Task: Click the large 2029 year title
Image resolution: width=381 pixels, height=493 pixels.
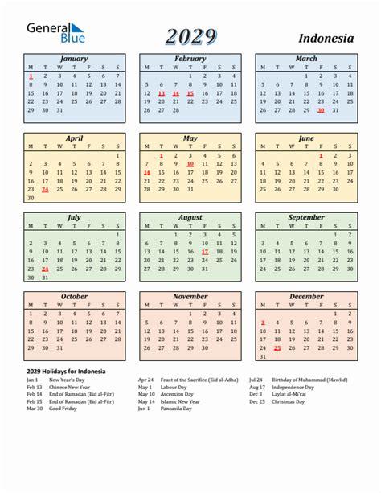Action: [x=190, y=36]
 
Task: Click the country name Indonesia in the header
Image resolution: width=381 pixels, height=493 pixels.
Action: [x=326, y=38]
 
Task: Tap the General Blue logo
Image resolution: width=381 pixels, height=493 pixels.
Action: [x=55, y=33]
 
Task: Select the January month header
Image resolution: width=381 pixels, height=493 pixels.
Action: [x=74, y=59]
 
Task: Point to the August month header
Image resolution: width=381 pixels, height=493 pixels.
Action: [x=190, y=217]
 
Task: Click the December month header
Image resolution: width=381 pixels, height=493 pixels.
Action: [x=306, y=296]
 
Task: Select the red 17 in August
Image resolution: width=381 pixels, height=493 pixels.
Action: [x=205, y=251]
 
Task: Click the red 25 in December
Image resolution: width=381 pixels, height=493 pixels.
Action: [x=277, y=347]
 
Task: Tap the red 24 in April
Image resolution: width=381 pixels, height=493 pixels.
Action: [x=45, y=190]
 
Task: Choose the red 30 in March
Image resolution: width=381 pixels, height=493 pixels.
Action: [x=321, y=110]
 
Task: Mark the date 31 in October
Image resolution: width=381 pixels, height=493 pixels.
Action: [x=59, y=347]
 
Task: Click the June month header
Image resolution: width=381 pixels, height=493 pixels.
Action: [x=306, y=138]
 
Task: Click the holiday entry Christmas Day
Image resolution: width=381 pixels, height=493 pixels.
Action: [x=288, y=401]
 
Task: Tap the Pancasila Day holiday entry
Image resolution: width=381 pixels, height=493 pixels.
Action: [x=176, y=409]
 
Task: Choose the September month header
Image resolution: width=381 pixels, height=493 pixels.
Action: [x=306, y=217]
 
